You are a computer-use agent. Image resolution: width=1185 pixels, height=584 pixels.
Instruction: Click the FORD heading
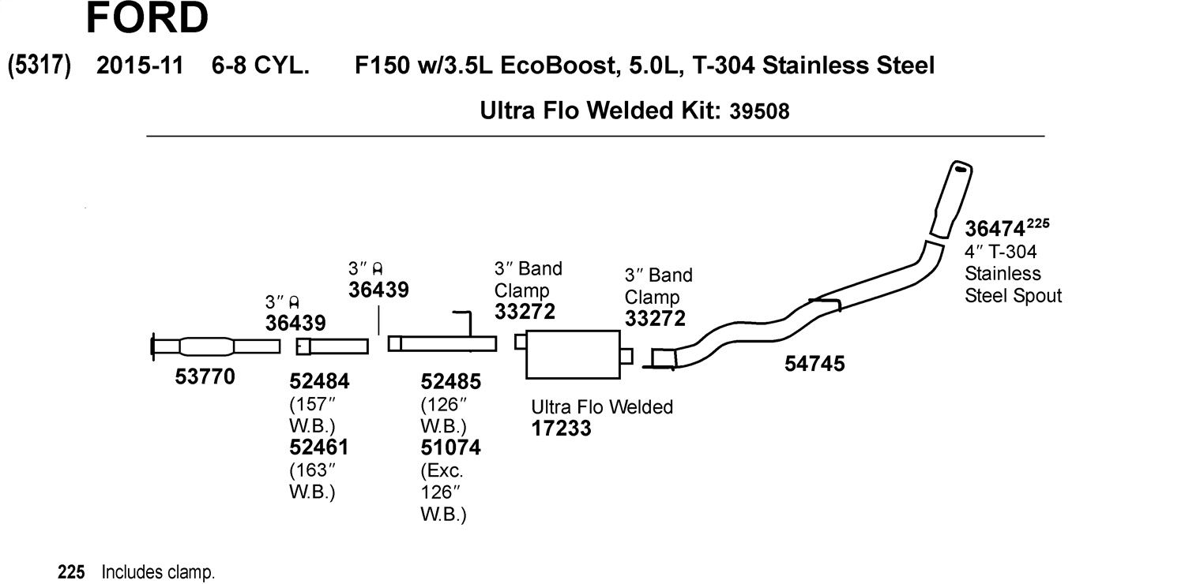click(147, 17)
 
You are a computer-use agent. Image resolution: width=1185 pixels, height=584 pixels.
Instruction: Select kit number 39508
click(759, 111)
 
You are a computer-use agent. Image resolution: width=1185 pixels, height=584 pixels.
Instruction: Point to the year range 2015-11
click(140, 66)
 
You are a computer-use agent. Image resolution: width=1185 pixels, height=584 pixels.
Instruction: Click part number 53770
click(205, 376)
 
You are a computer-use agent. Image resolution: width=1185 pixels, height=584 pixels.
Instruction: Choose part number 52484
click(319, 381)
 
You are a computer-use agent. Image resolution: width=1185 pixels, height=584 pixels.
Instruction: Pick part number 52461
click(319, 447)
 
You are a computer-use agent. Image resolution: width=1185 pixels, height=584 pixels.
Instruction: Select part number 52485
click(451, 381)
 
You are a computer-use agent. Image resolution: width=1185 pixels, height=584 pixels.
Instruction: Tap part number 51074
click(451, 447)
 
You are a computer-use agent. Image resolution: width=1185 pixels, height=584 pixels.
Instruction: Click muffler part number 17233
click(561, 428)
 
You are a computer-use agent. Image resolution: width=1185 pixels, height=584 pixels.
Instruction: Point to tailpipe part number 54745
click(814, 364)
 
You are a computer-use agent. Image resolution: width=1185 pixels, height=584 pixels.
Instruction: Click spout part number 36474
click(995, 229)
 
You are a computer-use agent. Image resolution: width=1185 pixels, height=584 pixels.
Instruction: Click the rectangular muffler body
click(573, 354)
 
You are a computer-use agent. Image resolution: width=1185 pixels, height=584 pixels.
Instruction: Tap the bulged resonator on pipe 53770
click(206, 346)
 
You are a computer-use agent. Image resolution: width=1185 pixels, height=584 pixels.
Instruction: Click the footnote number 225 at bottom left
click(71, 572)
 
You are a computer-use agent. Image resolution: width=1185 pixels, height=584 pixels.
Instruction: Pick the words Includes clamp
click(158, 572)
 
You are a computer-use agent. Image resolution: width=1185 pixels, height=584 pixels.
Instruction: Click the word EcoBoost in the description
click(558, 66)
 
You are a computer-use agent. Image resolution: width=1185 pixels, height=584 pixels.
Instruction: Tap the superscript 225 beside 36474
click(1038, 223)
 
